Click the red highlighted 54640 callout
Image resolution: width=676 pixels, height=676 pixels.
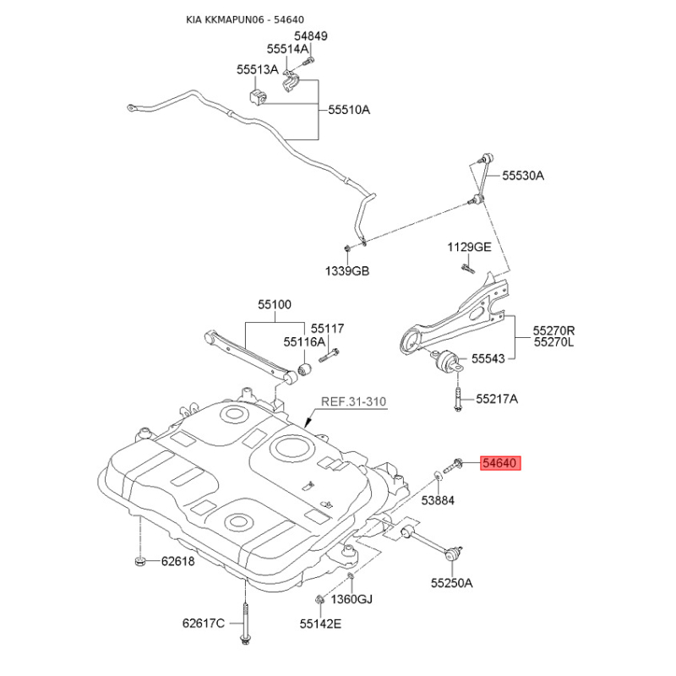coord(500,463)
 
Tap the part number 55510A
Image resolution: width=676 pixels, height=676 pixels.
coord(349,110)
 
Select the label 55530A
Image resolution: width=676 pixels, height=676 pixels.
coord(523,176)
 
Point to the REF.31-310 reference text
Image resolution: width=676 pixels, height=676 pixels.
coord(353,402)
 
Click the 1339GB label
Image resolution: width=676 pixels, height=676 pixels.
coord(347,271)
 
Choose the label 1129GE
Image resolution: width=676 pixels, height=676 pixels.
coord(469,247)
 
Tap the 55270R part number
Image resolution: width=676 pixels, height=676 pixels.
coord(553,330)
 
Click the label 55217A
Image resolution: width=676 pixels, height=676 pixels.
coord(497,399)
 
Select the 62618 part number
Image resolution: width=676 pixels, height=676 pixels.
coord(178,561)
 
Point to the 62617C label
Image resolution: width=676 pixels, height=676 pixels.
coord(204,624)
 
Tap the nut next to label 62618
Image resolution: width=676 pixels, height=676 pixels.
coord(139,561)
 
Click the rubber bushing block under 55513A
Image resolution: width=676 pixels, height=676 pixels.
coord(258,96)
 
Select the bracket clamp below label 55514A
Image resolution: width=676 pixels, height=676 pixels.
coord(292,82)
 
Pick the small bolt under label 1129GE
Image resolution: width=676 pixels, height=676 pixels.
coord(468,268)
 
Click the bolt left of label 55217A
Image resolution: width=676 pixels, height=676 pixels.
coord(457,398)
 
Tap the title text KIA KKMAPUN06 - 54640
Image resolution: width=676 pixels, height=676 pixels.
coord(245,19)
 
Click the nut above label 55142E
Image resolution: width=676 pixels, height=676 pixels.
coord(320,599)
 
